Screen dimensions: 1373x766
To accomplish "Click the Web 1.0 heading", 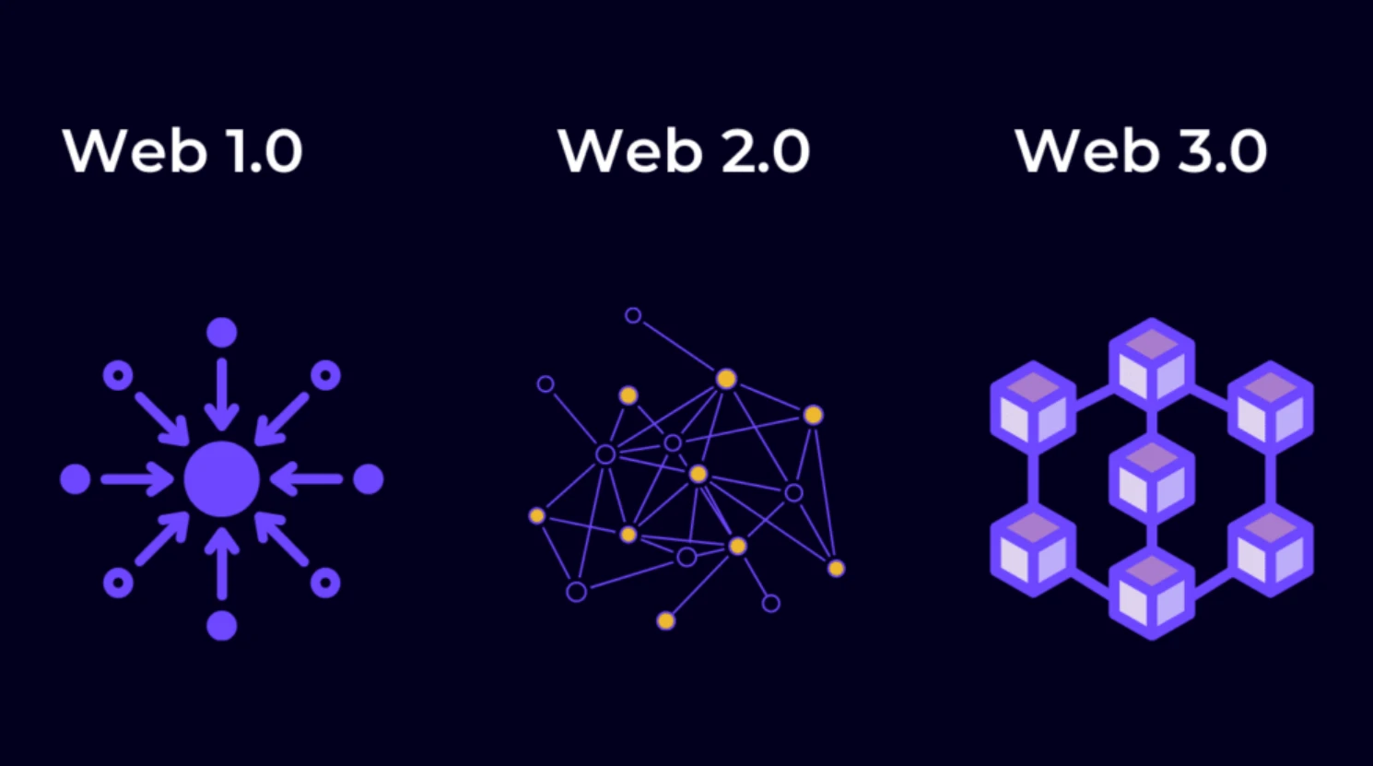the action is coord(182,151).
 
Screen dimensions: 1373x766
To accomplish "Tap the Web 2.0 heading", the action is coord(684,151).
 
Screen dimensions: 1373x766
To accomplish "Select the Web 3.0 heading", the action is coord(1142,151).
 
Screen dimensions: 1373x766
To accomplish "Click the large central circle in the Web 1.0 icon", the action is coord(222,479).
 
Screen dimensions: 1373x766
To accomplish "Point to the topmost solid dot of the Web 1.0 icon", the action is coord(222,333).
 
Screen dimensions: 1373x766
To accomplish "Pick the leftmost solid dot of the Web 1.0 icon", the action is coord(76,479).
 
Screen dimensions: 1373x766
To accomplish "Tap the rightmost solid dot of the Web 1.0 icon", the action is coord(369,479).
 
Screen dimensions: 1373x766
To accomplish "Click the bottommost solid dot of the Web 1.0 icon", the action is coord(222,626).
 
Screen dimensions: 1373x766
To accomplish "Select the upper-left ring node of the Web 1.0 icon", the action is coord(118,375).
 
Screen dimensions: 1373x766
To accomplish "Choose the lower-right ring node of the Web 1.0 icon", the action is coord(325,583).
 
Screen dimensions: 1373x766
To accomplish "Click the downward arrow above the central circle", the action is coord(222,395).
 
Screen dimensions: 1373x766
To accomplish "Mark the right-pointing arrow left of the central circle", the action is coord(137,479).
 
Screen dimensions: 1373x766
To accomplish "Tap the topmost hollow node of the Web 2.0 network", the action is coord(633,316).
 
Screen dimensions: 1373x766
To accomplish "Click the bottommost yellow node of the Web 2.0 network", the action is coord(666,621).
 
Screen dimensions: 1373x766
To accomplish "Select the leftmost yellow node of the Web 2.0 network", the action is coord(537,516).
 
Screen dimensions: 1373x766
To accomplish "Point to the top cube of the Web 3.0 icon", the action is coord(1152,364).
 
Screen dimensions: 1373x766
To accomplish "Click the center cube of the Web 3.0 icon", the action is coord(1152,478).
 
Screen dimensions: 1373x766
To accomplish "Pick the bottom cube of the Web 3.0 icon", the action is coord(1152,594).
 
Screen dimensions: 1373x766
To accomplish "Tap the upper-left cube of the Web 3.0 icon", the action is coord(1033,407).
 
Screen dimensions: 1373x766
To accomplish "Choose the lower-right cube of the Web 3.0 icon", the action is coord(1271,550).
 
